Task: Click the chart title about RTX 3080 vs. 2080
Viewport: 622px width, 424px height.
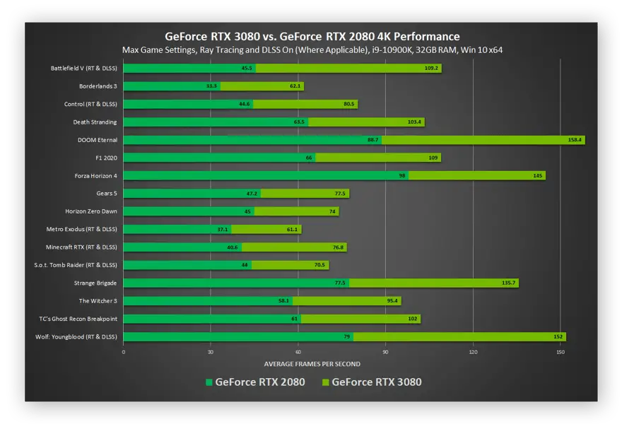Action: pyautogui.click(x=312, y=36)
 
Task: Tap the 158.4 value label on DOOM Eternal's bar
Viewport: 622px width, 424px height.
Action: pyautogui.click(x=574, y=140)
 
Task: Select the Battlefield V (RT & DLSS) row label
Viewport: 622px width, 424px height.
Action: pyautogui.click(x=83, y=69)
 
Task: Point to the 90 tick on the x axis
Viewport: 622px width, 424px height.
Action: pyautogui.click(x=385, y=352)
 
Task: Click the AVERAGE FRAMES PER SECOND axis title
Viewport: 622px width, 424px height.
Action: pyautogui.click(x=312, y=365)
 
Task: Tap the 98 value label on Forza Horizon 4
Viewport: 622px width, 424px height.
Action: pyautogui.click(x=403, y=175)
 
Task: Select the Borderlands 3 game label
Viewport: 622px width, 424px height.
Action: pyautogui.click(x=98, y=86)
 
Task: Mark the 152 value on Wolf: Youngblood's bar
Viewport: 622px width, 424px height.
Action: pyautogui.click(x=558, y=336)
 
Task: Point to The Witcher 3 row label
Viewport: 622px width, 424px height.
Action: pyautogui.click(x=98, y=301)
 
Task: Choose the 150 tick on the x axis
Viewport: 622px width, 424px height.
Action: pyautogui.click(x=561, y=352)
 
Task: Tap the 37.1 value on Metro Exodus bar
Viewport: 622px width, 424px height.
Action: pyautogui.click(x=223, y=229)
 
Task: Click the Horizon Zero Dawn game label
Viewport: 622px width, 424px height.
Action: pyautogui.click(x=90, y=211)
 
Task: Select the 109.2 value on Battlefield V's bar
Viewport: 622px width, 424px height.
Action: pyautogui.click(x=431, y=69)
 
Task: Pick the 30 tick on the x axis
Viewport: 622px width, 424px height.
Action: pyautogui.click(x=211, y=352)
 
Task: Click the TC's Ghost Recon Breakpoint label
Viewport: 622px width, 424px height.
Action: pyautogui.click(x=79, y=319)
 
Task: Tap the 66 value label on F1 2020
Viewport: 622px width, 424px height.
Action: pyautogui.click(x=309, y=158)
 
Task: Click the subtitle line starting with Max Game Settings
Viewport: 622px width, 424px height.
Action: pyautogui.click(x=312, y=50)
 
